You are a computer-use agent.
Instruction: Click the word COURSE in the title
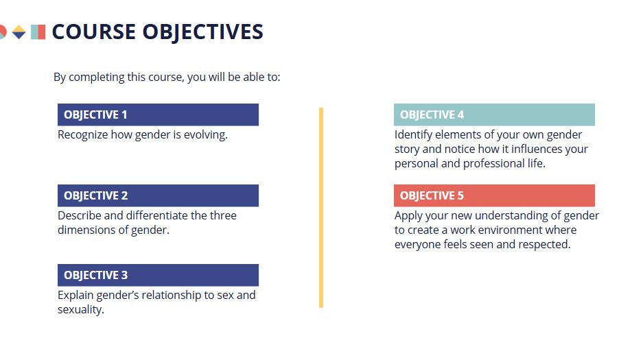pyautogui.click(x=93, y=32)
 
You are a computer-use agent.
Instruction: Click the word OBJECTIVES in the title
pyautogui.click(x=202, y=32)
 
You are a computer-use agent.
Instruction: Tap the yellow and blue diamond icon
pyautogui.click(x=19, y=32)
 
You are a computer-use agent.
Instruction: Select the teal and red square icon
pyautogui.click(x=38, y=32)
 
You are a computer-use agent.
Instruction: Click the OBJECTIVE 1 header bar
pyautogui.click(x=158, y=115)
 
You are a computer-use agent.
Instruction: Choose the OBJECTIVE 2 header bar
pyautogui.click(x=158, y=195)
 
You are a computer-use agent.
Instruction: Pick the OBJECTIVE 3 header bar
pyautogui.click(x=158, y=275)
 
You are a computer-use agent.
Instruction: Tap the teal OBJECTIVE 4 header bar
pyautogui.click(x=494, y=115)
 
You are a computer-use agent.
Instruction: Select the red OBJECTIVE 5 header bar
pyautogui.click(x=494, y=195)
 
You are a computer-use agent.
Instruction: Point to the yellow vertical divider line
pyautogui.click(x=321, y=208)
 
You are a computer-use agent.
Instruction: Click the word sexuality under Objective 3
pyautogui.click(x=81, y=310)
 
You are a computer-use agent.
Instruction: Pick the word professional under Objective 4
pyautogui.click(x=493, y=164)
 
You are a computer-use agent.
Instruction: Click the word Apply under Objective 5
pyautogui.click(x=408, y=216)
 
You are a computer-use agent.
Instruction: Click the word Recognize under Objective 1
pyautogui.click(x=83, y=135)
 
